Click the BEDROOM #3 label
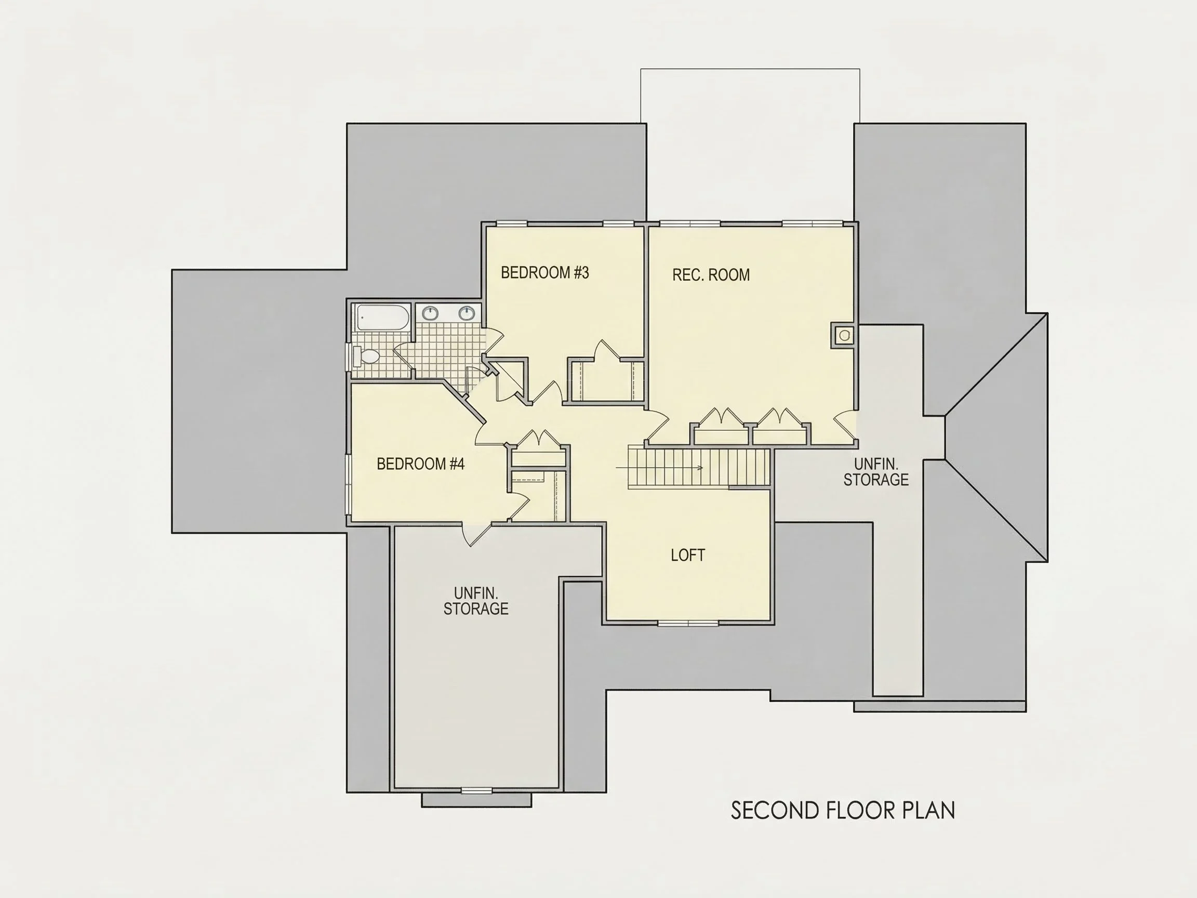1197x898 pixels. point(544,273)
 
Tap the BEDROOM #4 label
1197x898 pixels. point(420,464)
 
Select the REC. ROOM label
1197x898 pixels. point(711,275)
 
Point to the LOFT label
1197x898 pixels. point(688,555)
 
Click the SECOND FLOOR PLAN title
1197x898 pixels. point(843,810)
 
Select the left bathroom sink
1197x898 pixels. point(430,313)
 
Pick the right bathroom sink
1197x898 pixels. point(467,313)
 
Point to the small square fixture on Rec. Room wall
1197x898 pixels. point(844,336)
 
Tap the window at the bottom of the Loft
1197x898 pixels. point(688,624)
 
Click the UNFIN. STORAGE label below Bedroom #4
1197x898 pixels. point(476,601)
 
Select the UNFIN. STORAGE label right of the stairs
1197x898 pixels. point(875,472)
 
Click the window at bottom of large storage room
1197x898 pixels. point(476,791)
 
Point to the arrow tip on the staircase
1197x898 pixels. point(703,468)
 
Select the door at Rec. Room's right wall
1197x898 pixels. point(845,427)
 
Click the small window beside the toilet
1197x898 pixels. point(349,355)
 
